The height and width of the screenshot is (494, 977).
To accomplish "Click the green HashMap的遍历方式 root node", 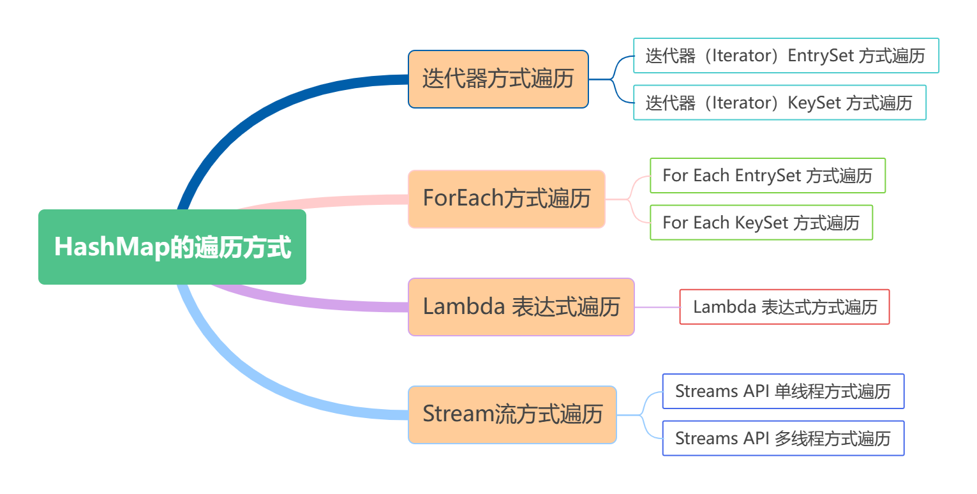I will (172, 247).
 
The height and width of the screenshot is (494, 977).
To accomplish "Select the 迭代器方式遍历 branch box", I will (498, 79).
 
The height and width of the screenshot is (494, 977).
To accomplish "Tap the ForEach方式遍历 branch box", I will (506, 198).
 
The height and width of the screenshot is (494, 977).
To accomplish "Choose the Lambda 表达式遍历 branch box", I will (521, 307).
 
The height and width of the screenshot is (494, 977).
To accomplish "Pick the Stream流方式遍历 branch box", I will (512, 414).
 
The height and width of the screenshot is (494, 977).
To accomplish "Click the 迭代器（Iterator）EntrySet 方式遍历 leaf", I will (786, 56).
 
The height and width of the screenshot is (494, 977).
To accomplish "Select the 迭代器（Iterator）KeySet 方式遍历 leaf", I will (779, 103).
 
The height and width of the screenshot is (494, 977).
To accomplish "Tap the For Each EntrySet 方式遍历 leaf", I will (767, 176).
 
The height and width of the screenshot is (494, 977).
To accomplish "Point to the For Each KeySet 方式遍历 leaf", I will (761, 223).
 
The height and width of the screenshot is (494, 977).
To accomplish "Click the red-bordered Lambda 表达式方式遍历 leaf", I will (784, 307).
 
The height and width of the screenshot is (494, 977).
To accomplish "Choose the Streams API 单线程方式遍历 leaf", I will (783, 391).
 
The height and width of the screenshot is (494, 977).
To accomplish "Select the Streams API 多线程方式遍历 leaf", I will (783, 438).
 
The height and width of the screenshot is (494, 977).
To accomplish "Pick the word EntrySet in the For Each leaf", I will (768, 176).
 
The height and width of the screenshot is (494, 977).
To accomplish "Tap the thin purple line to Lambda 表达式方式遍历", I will (657, 307).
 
